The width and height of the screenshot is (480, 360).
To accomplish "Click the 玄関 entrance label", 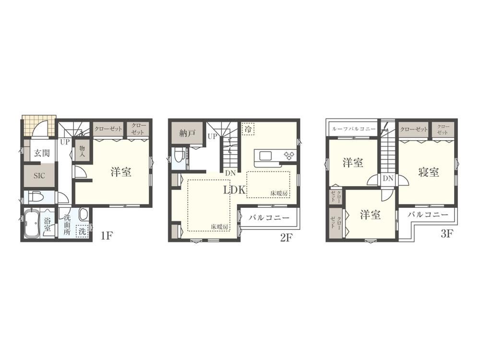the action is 42,153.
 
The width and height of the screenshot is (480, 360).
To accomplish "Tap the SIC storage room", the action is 39,175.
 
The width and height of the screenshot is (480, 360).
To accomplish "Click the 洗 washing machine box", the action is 82,231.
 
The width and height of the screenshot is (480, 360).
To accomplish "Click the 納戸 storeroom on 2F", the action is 187,133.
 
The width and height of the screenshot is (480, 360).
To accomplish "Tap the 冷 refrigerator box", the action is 248,129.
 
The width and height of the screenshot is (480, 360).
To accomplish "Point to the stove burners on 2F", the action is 289,156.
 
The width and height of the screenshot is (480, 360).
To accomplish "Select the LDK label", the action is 235,190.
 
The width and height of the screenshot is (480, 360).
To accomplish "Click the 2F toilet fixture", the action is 180,156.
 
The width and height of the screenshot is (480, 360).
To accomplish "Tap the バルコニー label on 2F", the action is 269,217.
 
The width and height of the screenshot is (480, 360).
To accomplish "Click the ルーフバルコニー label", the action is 354,129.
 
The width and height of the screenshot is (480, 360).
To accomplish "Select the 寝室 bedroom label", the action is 429,172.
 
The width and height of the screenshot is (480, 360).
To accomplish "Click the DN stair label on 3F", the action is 388,178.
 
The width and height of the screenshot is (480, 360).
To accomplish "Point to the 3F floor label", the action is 446,234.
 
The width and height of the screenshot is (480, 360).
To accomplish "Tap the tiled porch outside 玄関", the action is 39,125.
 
